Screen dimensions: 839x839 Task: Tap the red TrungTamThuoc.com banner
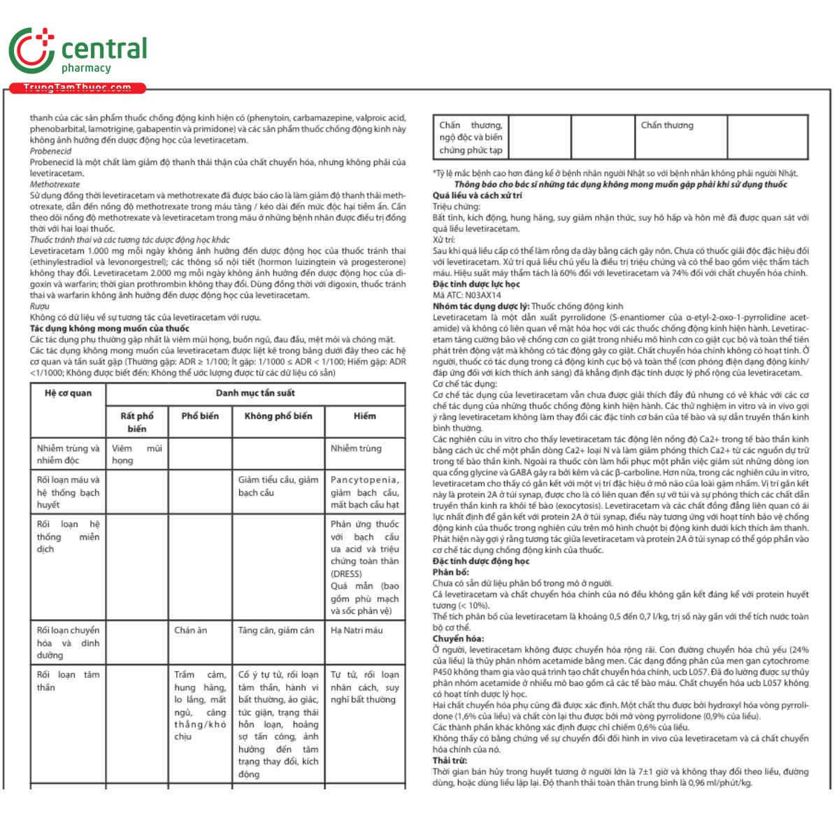(x=77, y=88)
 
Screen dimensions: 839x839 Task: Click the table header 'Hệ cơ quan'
(x=68, y=393)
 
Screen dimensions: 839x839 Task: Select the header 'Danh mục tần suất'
(x=255, y=393)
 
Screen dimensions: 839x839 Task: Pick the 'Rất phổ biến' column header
(x=137, y=422)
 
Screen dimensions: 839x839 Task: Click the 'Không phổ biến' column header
(x=278, y=416)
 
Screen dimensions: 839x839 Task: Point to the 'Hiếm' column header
(x=364, y=416)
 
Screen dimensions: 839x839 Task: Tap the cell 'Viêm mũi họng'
(x=137, y=454)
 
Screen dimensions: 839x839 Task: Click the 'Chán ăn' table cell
(x=190, y=630)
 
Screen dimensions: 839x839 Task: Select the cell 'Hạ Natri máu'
(x=357, y=630)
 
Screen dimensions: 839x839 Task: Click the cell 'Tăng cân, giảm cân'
(x=276, y=630)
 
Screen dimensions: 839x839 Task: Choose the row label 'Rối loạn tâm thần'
(x=68, y=681)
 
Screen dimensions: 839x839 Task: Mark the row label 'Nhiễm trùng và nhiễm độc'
(x=68, y=454)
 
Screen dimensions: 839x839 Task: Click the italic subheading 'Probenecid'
(x=50, y=151)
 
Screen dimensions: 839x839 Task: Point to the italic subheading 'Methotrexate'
(x=55, y=185)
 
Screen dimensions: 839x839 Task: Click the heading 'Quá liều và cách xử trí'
(x=477, y=196)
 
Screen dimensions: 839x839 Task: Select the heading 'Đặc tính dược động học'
(x=481, y=561)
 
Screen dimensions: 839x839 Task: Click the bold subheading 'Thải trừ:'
(x=450, y=761)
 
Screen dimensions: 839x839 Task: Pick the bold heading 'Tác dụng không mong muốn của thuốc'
(x=109, y=329)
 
